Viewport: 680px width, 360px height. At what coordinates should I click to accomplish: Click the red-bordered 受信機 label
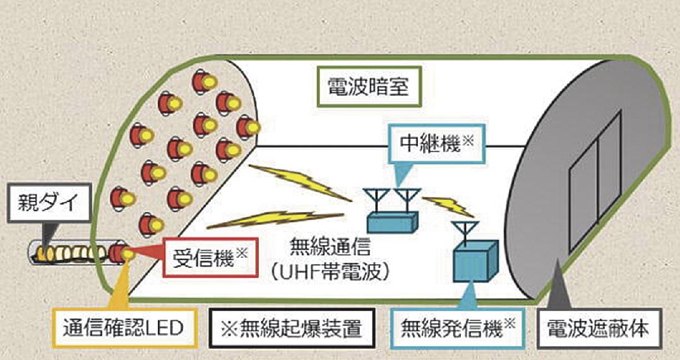click(210, 258)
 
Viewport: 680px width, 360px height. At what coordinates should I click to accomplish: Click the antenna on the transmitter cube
click(465, 231)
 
